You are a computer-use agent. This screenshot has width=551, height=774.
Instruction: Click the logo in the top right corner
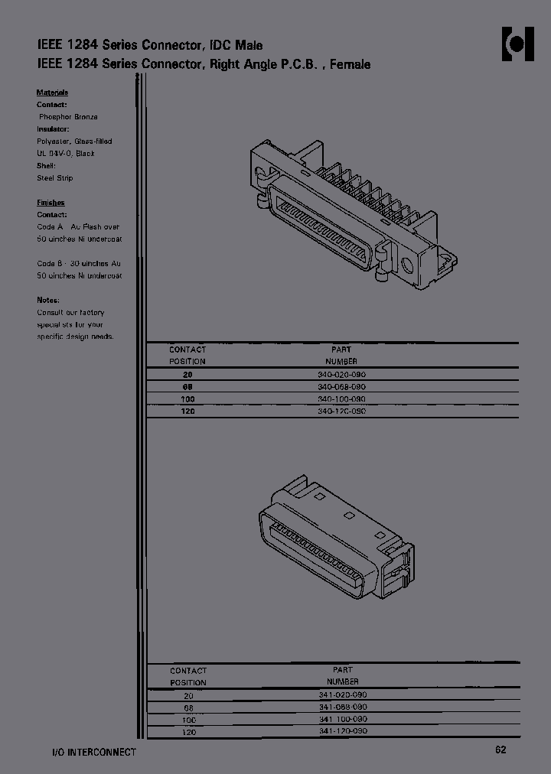tap(517, 45)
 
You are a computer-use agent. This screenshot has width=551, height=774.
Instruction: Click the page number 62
tap(500, 750)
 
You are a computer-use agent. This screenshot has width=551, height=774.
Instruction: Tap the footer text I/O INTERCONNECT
tap(88, 752)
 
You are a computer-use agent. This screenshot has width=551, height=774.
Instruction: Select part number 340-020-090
tap(341, 375)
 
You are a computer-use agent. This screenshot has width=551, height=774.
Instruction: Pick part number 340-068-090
tap(341, 387)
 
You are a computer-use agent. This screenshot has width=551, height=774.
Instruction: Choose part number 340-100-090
tap(341, 399)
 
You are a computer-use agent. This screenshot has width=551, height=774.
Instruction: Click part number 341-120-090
tap(342, 732)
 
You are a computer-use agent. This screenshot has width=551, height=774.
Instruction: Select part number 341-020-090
tap(342, 694)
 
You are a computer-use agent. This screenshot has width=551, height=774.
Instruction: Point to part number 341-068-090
tap(342, 707)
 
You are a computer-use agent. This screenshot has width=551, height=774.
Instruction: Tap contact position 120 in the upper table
tap(187, 411)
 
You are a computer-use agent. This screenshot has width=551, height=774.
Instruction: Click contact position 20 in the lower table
tap(188, 696)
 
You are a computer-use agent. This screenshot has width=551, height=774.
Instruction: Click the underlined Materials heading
tap(52, 93)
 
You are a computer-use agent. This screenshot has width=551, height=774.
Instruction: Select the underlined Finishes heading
tap(51, 203)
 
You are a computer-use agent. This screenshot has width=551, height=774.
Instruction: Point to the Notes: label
tap(48, 301)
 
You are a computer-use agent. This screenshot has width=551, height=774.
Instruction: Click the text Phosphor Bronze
tap(68, 117)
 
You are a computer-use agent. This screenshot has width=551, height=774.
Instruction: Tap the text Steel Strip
tap(55, 178)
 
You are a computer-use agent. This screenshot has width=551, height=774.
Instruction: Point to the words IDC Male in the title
tap(241, 46)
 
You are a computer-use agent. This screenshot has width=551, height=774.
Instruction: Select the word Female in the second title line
tap(350, 65)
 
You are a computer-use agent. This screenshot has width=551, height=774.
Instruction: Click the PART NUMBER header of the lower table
tap(342, 675)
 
